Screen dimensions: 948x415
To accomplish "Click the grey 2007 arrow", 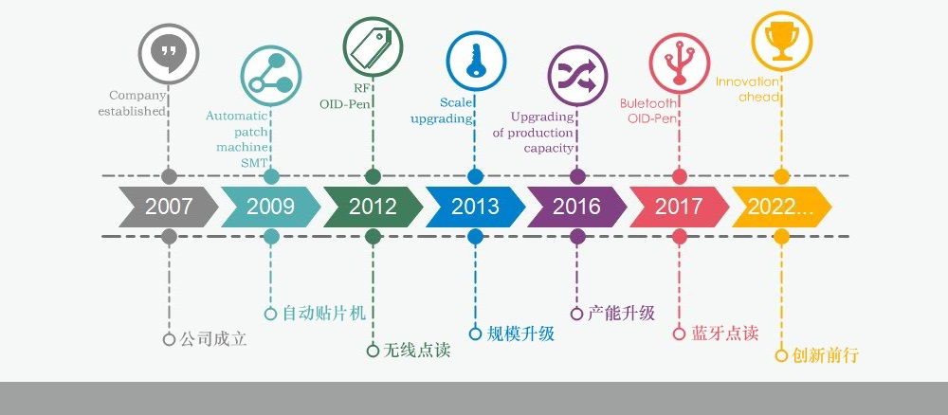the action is point(169,207).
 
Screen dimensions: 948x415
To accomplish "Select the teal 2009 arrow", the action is point(271,207).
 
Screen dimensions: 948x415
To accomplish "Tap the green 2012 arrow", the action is point(373,207).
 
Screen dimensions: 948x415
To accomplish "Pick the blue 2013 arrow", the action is point(475,207).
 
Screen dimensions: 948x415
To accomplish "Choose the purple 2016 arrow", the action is point(577,207).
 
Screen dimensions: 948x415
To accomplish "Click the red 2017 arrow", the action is point(680,207).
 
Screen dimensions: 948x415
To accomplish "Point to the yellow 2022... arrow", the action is point(782,207).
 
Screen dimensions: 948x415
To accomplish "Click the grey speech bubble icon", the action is point(168,54).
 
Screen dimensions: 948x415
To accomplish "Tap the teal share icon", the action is point(270,76).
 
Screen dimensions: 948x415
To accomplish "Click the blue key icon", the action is point(475,61).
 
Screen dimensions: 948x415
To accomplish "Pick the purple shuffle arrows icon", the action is point(577,76).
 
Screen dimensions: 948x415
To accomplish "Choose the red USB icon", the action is point(680,63).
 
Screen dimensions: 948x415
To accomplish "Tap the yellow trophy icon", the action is point(782,41).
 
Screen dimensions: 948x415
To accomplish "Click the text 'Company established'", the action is point(132,103).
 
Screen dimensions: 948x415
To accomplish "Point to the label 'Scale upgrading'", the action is point(442,111).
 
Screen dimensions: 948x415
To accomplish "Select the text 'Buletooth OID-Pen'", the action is point(648,111).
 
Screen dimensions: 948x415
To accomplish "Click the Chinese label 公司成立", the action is point(213,339).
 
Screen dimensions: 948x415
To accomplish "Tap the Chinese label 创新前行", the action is point(826,355).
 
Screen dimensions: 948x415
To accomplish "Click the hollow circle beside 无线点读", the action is point(373,351).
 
